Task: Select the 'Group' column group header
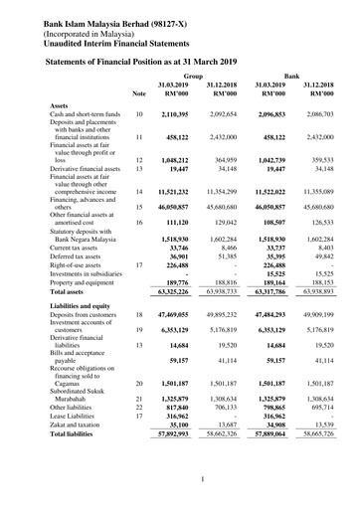tap(193, 76)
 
